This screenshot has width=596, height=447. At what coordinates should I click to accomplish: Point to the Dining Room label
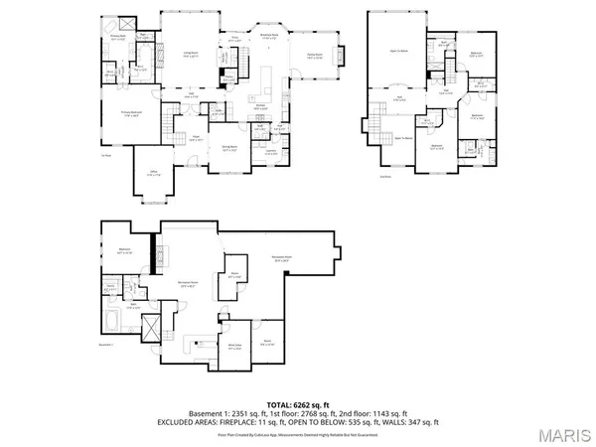(227, 146)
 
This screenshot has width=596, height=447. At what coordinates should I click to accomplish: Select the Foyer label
(197, 137)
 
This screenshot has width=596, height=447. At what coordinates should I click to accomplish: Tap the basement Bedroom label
(125, 249)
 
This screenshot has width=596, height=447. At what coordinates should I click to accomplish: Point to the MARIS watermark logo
(563, 433)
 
